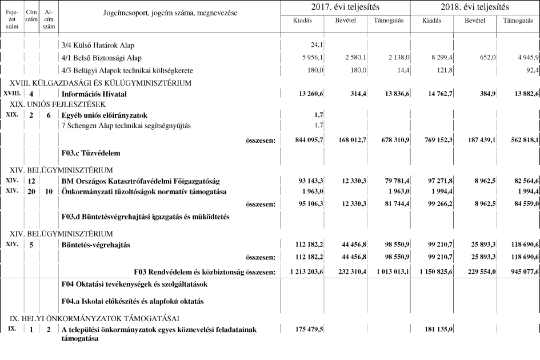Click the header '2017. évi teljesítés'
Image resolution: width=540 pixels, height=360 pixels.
point(345,7)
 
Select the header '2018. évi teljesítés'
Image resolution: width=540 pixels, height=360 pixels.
point(475,7)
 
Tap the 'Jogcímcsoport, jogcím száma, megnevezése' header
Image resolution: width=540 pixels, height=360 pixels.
point(170,12)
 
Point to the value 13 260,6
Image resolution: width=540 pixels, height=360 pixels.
point(307,94)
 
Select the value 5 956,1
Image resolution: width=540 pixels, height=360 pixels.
point(311,58)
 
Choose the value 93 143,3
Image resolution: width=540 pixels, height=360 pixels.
point(307,180)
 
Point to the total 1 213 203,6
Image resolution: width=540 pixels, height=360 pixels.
point(302,271)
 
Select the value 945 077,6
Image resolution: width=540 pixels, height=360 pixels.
point(519,271)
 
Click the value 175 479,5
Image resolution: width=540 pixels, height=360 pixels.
point(306,330)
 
